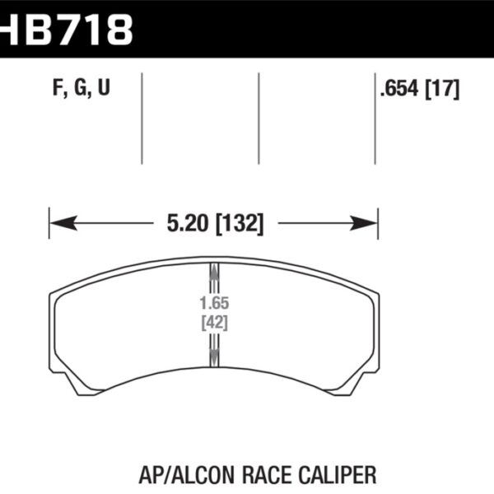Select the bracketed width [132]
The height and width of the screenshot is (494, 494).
click(238, 223)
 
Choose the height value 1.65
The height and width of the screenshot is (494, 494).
click(214, 303)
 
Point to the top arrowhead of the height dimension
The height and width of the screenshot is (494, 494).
click(214, 269)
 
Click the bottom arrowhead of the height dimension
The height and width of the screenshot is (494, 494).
click(214, 357)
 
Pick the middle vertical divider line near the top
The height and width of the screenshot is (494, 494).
click(259, 118)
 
